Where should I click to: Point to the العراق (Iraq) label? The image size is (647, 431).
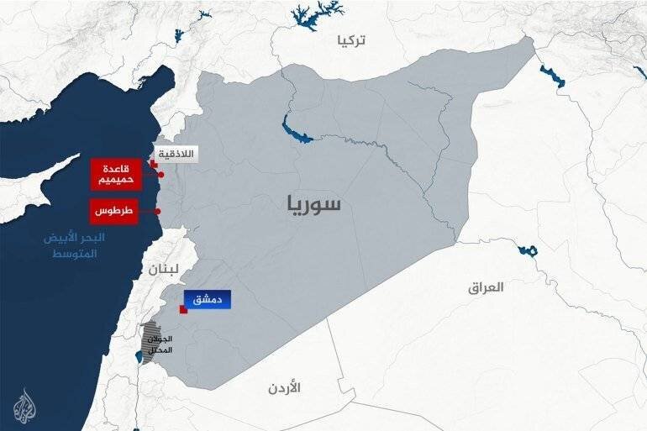pos(486,287)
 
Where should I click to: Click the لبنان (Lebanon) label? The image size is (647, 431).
pos(162,270)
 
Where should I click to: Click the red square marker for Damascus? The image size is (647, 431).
pos(182,310)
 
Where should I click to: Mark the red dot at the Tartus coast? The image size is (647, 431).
pos(160,211)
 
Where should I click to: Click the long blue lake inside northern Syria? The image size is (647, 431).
pos(297,131)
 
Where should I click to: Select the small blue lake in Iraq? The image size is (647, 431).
pos(528,250)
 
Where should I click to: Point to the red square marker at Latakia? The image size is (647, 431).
pos(153,165)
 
